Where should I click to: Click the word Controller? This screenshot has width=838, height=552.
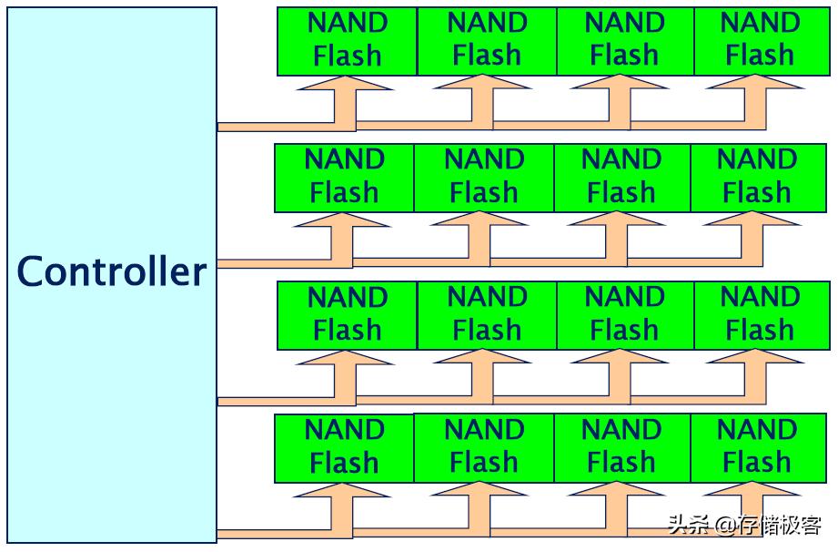[x=112, y=272]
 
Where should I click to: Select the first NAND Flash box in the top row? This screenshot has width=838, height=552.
[x=348, y=41]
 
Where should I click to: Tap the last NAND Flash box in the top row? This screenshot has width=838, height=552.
[x=761, y=41]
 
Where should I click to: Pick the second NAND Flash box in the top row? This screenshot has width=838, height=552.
[x=487, y=41]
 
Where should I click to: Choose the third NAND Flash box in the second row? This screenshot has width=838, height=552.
[x=621, y=177]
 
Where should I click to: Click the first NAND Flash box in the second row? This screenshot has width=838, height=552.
[x=344, y=177]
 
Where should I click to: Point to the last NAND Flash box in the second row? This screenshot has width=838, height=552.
[x=758, y=177]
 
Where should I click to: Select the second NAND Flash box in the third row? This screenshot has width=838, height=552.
[x=487, y=314]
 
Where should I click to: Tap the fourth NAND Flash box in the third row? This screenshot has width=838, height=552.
[x=761, y=314]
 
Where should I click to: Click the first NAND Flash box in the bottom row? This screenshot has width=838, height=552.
[x=344, y=447]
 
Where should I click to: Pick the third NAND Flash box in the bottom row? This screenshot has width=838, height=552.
[x=621, y=447]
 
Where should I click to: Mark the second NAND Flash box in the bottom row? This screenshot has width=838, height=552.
[x=483, y=447]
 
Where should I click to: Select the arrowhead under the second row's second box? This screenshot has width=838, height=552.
[x=479, y=221]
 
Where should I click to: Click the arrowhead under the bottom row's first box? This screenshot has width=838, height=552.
[x=342, y=492]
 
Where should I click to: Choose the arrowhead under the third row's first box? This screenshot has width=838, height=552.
[x=345, y=359]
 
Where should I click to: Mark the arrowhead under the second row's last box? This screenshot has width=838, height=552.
[x=752, y=221]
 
